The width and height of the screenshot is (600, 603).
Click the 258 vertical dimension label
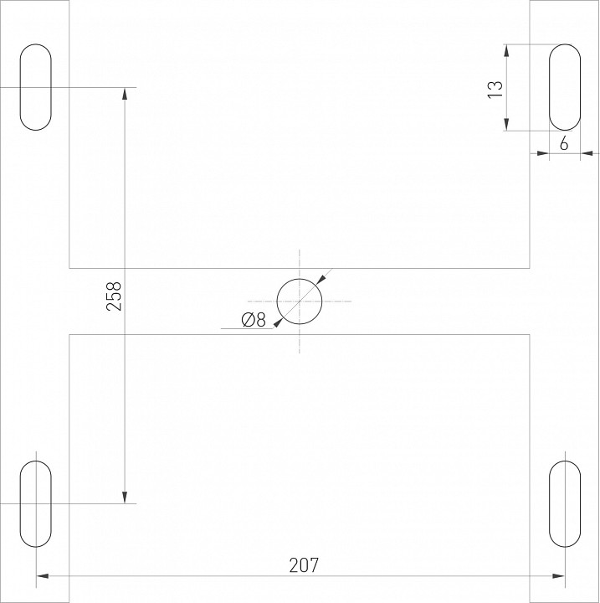[x=115, y=296]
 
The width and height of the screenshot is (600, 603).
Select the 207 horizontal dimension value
[x=305, y=565]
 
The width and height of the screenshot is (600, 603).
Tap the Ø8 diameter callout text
[x=252, y=319]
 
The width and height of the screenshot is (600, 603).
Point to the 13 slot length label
[x=495, y=88]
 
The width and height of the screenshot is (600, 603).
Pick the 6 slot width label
[x=564, y=144]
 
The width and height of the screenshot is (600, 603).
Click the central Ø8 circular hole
[x=300, y=301]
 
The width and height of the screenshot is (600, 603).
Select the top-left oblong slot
[x=35, y=87]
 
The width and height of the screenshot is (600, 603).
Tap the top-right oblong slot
[x=564, y=87]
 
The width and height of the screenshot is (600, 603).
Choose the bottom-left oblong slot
[x=35, y=503]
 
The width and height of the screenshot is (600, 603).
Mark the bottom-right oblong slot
[x=564, y=503]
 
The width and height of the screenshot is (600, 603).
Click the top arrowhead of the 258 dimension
[x=125, y=93]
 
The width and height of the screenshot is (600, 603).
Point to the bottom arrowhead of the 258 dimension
[x=125, y=497]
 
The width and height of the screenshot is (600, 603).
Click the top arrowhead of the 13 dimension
[x=507, y=49]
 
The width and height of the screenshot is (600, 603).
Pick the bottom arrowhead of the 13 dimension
[x=507, y=126]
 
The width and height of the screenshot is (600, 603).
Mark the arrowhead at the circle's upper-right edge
[x=320, y=281]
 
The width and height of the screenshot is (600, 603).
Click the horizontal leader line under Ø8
[x=248, y=329]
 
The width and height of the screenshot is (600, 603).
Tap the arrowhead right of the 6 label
[x=586, y=153]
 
